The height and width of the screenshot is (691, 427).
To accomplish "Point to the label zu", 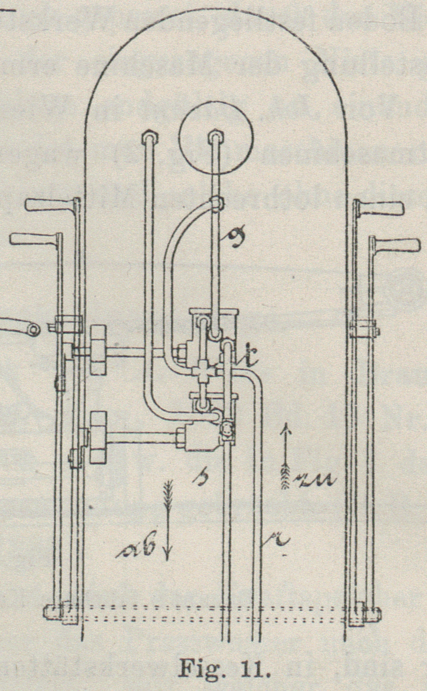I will (316, 481).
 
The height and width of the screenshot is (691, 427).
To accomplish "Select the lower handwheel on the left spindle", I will (98, 437).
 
